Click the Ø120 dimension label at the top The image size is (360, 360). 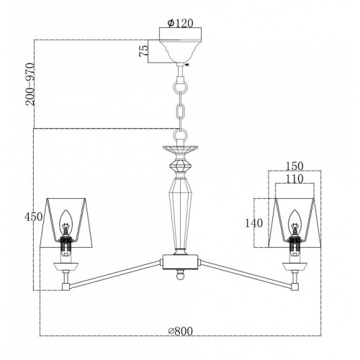181,23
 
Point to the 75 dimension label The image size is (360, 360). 143,50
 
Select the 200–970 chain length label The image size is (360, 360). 30,84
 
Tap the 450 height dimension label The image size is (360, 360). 33,217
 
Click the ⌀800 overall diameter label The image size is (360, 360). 181,331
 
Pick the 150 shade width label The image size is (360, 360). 294,166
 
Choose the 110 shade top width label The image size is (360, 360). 294,179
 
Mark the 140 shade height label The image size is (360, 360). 254,223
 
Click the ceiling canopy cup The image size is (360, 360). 181,51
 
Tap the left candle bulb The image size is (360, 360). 66,220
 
